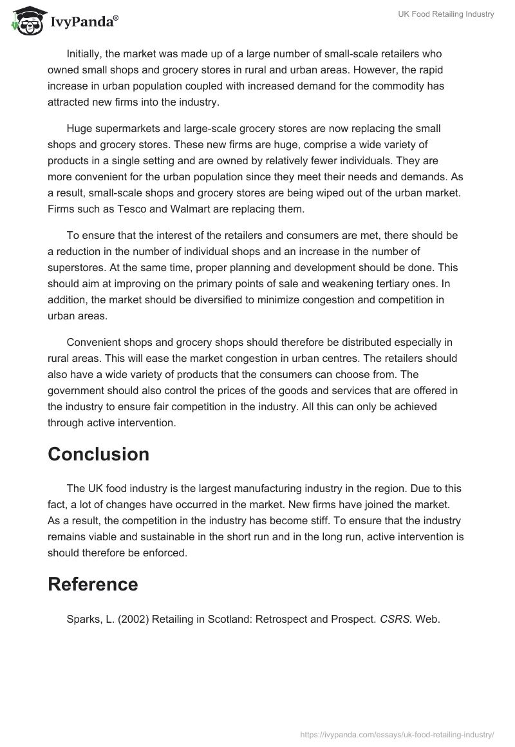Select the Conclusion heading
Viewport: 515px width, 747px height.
pos(98,454)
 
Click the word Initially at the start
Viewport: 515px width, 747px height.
pos(87,54)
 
